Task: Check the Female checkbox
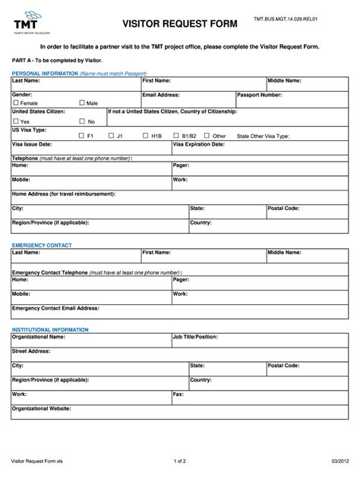16,102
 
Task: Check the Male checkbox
82,102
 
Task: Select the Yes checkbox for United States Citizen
16,121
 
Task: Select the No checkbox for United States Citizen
82,121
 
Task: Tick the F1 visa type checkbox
82,136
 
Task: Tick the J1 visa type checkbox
111,136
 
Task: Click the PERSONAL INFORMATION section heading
45,73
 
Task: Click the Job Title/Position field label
201,336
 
